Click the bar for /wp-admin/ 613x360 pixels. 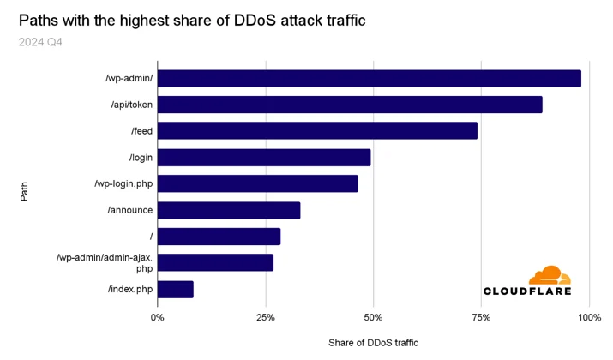coord(370,79)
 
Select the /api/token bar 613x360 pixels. coord(350,105)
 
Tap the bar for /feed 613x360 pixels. coord(317,130)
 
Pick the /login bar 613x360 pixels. coord(264,158)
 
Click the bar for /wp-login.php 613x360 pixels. coord(258,183)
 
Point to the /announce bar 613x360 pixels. coord(229,210)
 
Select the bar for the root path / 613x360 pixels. coord(219,237)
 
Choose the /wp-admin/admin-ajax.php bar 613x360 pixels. coord(216,262)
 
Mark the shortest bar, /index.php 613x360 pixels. coord(176,289)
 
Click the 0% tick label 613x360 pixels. coord(157,317)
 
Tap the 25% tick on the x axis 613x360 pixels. coord(266,317)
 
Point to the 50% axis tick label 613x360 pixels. coord(373,317)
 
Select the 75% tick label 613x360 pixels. coord(481,317)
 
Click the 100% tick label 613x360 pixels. coord(590,317)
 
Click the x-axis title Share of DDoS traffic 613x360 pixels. coord(373,343)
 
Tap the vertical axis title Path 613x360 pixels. coord(24,191)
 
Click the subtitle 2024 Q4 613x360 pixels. coord(40,42)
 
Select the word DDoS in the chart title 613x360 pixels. coord(255,21)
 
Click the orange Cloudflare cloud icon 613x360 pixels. coord(550,275)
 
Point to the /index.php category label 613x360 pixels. coord(130,289)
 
